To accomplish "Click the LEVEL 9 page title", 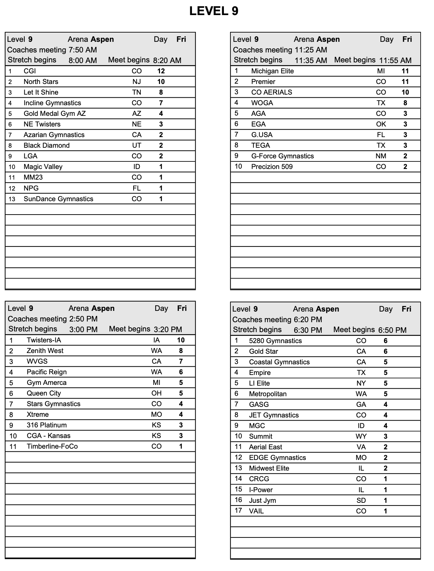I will click(x=214, y=11).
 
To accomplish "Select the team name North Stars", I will click(x=41, y=82).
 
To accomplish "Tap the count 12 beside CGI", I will click(x=161, y=71).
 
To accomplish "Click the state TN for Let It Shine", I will click(x=137, y=92).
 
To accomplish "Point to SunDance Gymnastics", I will click(x=58, y=199).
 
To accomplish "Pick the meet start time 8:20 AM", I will click(x=167, y=60).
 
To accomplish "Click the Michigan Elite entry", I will click(x=272, y=71).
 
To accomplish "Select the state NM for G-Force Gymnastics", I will click(x=381, y=156).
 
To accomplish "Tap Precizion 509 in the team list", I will click(x=272, y=167).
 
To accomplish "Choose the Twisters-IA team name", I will click(x=44, y=340).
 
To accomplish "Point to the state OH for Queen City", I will click(x=157, y=393).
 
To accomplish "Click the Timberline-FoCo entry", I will click(x=52, y=446).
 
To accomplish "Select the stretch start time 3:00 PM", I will click(x=83, y=329).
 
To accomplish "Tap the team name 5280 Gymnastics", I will click(x=275, y=341).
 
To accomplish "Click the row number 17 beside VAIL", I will click(x=238, y=511).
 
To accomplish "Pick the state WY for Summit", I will click(x=361, y=436).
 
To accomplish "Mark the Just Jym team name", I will click(x=262, y=500).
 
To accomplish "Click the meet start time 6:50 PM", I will click(x=392, y=330).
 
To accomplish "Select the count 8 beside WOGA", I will click(x=405, y=103).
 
